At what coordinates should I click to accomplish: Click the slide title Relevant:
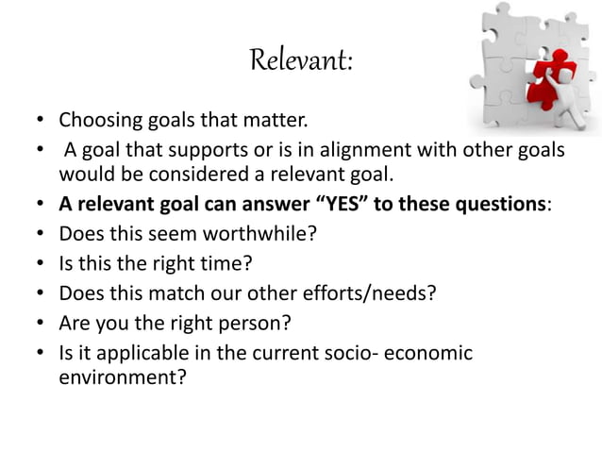[x=301, y=62]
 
